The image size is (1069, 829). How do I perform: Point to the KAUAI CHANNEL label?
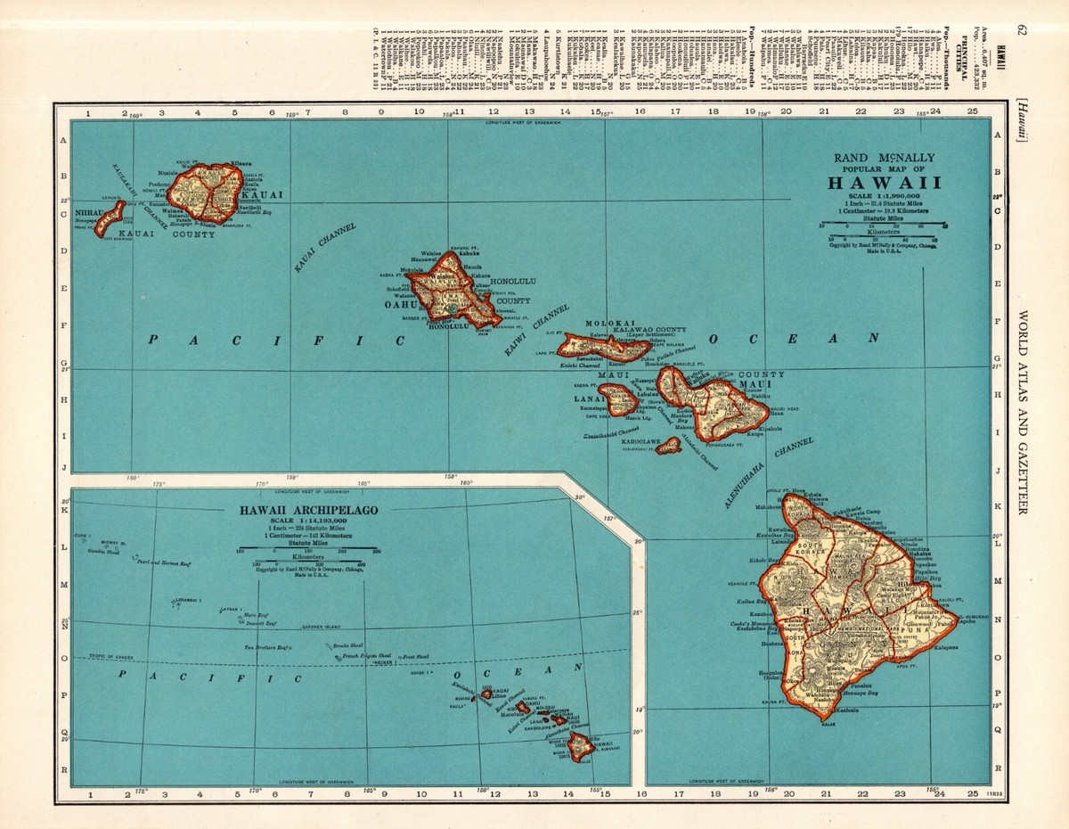click(x=325, y=247)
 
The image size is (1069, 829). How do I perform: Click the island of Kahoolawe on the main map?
click(x=668, y=445)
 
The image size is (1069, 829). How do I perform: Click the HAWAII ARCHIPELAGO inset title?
click(x=306, y=510)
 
